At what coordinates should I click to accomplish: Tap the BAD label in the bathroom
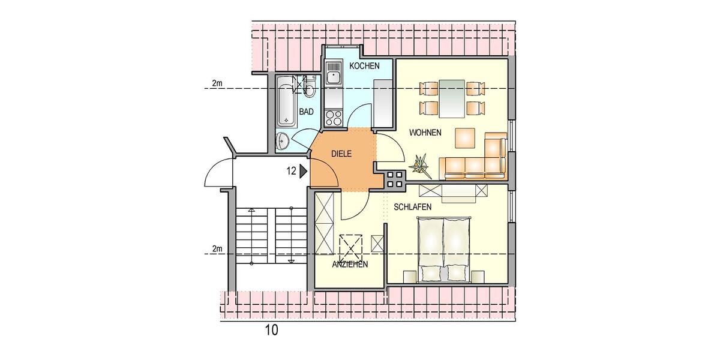pyautogui.click(x=307, y=112)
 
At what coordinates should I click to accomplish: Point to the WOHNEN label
pyautogui.click(x=425, y=132)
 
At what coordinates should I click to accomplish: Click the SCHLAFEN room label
pyautogui.click(x=413, y=207)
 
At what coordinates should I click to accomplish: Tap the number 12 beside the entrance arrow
pyautogui.click(x=291, y=171)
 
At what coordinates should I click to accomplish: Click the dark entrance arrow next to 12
pyautogui.click(x=304, y=171)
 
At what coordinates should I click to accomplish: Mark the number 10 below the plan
pyautogui.click(x=271, y=330)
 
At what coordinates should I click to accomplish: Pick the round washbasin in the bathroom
pyautogui.click(x=283, y=142)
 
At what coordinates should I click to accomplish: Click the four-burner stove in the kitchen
pyautogui.click(x=334, y=118)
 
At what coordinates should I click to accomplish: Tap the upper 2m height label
pyautogui.click(x=217, y=83)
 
